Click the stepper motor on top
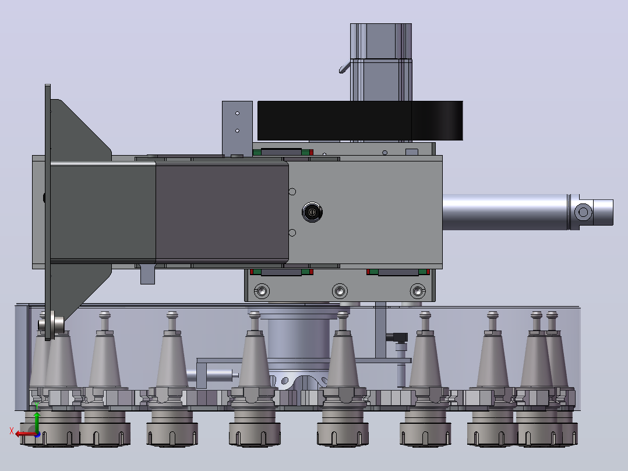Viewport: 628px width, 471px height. click(x=381, y=62)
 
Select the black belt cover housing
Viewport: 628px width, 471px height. click(x=360, y=121)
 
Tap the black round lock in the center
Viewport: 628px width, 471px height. click(x=312, y=212)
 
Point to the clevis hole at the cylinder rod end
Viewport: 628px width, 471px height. click(x=583, y=212)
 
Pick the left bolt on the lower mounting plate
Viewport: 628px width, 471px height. click(x=262, y=291)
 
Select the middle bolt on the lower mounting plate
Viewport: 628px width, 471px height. click(x=340, y=291)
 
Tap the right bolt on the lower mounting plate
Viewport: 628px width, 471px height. click(x=417, y=291)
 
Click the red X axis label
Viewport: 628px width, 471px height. click(x=12, y=431)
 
